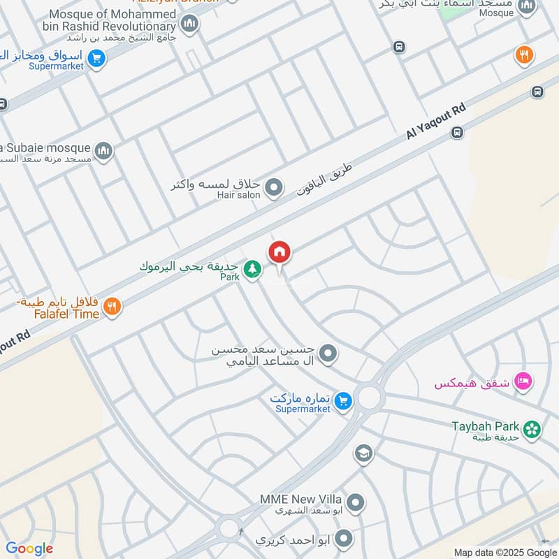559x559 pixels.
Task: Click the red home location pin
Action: [x=279, y=252]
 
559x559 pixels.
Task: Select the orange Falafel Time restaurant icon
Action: [x=112, y=306]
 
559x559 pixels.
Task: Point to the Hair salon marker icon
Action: [x=275, y=187]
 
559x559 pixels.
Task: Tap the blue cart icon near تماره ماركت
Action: [x=342, y=400]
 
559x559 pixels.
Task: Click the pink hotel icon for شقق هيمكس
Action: [x=522, y=382]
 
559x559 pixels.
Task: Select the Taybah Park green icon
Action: [x=532, y=429]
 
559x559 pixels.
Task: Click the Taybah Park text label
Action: [x=486, y=426]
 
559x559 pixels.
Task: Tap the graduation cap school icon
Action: [x=362, y=454]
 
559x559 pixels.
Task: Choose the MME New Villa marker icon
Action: [x=356, y=502]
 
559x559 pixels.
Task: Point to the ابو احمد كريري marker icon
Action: [x=342, y=538]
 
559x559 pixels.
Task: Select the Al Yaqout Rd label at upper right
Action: [x=436, y=124]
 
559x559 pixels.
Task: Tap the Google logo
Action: [x=29, y=549]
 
